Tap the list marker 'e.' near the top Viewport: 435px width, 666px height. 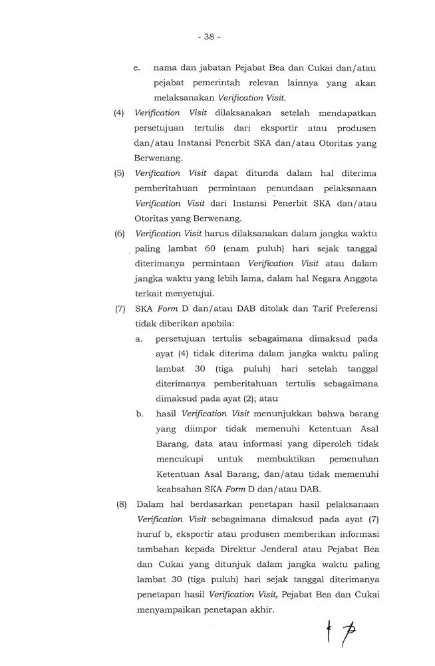tap(137, 68)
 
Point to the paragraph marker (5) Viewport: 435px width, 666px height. tap(120, 172)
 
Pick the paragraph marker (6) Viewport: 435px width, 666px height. tap(120, 234)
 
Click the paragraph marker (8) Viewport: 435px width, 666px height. tap(122, 504)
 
